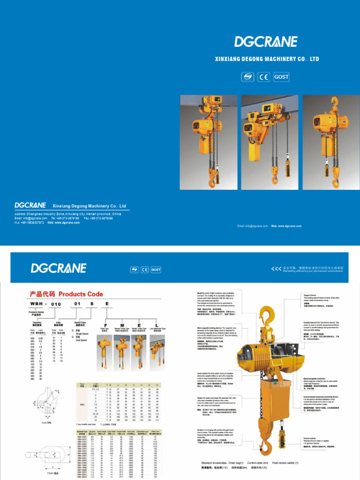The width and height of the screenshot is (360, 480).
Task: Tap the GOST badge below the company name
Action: click(281, 77)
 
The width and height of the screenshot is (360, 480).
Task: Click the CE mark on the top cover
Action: click(264, 77)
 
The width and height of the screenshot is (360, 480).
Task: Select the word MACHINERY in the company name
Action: click(272, 60)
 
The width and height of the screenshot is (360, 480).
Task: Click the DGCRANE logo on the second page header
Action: click(59, 268)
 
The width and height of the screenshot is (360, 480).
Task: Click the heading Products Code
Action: click(81, 294)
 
